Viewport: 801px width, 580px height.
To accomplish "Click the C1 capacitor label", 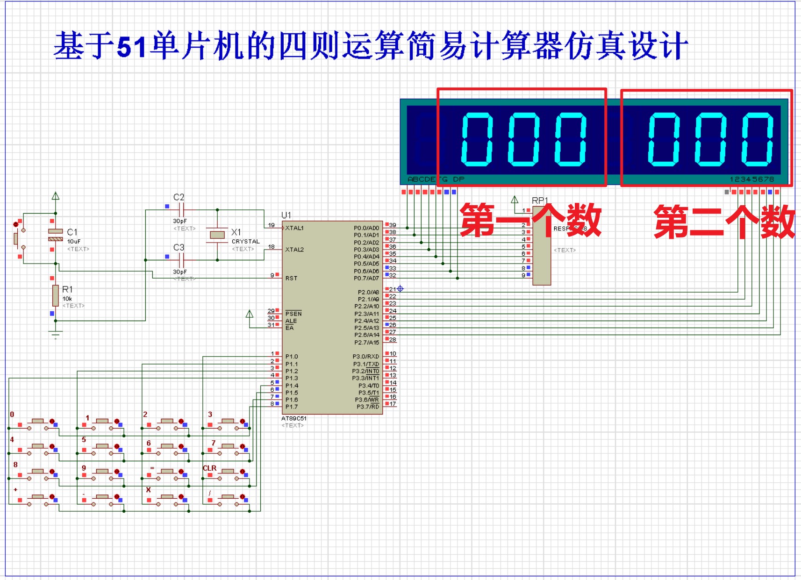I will (72, 232).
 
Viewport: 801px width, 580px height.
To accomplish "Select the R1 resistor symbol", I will (56, 295).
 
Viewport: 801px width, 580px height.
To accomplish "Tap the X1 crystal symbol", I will (217, 235).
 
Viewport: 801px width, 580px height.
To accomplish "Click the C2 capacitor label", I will (179, 197).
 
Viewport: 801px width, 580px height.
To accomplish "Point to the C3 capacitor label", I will (179, 247).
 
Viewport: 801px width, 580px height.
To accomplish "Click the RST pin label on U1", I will (291, 278).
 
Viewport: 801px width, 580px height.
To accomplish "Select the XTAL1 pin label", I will (294, 228).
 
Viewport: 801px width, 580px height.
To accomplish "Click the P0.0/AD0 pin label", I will (366, 228).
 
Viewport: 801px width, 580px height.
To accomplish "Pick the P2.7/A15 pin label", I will (366, 343).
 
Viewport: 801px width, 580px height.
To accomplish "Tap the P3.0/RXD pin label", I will (365, 357).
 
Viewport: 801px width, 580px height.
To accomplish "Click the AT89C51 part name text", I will (294, 418).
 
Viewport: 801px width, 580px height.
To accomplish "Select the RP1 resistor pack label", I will (540, 200).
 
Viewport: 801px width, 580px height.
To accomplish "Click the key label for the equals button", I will (151, 467).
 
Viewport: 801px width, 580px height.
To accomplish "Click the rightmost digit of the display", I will (758, 139).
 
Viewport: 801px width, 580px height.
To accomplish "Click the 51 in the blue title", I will (132, 46).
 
